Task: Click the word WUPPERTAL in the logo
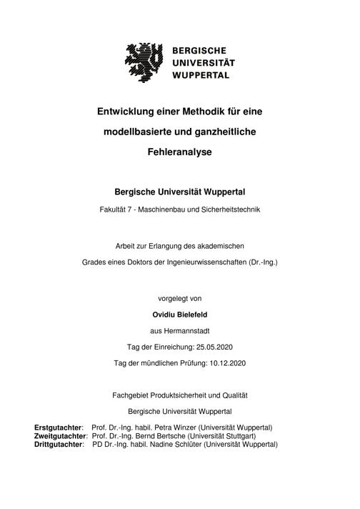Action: tap(201, 74)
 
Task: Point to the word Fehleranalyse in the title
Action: tap(180, 152)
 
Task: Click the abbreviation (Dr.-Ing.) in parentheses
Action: tap(260, 262)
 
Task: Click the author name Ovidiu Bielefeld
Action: tap(180, 314)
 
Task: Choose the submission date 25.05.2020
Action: tap(214, 347)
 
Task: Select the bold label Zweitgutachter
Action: tap(61, 435)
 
